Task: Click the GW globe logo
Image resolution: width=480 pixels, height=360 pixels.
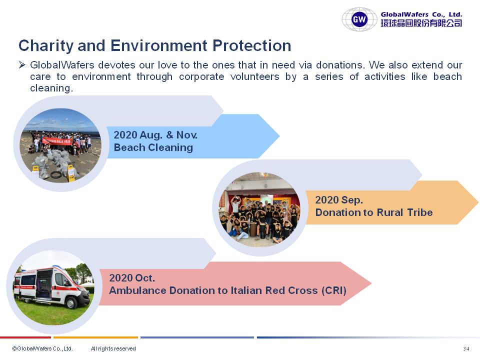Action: tap(359, 19)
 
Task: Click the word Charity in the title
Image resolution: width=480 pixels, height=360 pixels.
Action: tap(46, 46)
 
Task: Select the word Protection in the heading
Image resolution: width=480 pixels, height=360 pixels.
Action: tap(251, 45)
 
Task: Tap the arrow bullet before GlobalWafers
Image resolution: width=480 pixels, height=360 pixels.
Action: tap(21, 65)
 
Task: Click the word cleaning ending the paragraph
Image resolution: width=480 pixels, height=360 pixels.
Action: tap(51, 88)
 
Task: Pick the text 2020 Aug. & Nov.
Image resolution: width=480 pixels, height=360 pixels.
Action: tap(155, 135)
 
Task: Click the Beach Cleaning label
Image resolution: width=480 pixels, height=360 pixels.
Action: tap(153, 147)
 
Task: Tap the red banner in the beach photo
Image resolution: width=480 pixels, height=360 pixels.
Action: tap(57, 140)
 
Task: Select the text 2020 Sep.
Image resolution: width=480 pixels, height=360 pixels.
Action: tap(339, 200)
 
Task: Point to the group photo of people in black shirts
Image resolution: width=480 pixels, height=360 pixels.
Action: tap(259, 209)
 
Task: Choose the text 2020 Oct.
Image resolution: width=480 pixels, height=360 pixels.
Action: tap(132, 278)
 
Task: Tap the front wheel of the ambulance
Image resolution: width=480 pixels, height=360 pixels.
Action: tap(71, 303)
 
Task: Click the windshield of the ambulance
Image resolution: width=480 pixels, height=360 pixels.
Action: tap(68, 279)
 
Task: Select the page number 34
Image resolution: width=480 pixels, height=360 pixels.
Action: tap(466, 348)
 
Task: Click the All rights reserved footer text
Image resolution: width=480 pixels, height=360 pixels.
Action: tap(113, 348)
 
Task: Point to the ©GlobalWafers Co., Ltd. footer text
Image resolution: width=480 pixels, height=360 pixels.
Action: tap(42, 348)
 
